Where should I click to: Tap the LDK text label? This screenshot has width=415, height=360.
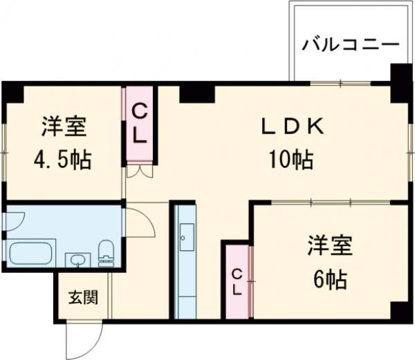(x=291, y=127)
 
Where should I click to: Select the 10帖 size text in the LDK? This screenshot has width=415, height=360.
(x=290, y=160)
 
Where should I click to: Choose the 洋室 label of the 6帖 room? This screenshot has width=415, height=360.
(x=330, y=246)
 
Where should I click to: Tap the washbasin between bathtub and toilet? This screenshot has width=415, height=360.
(x=77, y=260)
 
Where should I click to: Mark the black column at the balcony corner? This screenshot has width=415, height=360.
(x=399, y=76)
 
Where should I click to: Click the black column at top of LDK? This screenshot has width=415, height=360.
(x=196, y=92)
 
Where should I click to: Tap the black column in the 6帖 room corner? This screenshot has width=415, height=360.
(x=400, y=311)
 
